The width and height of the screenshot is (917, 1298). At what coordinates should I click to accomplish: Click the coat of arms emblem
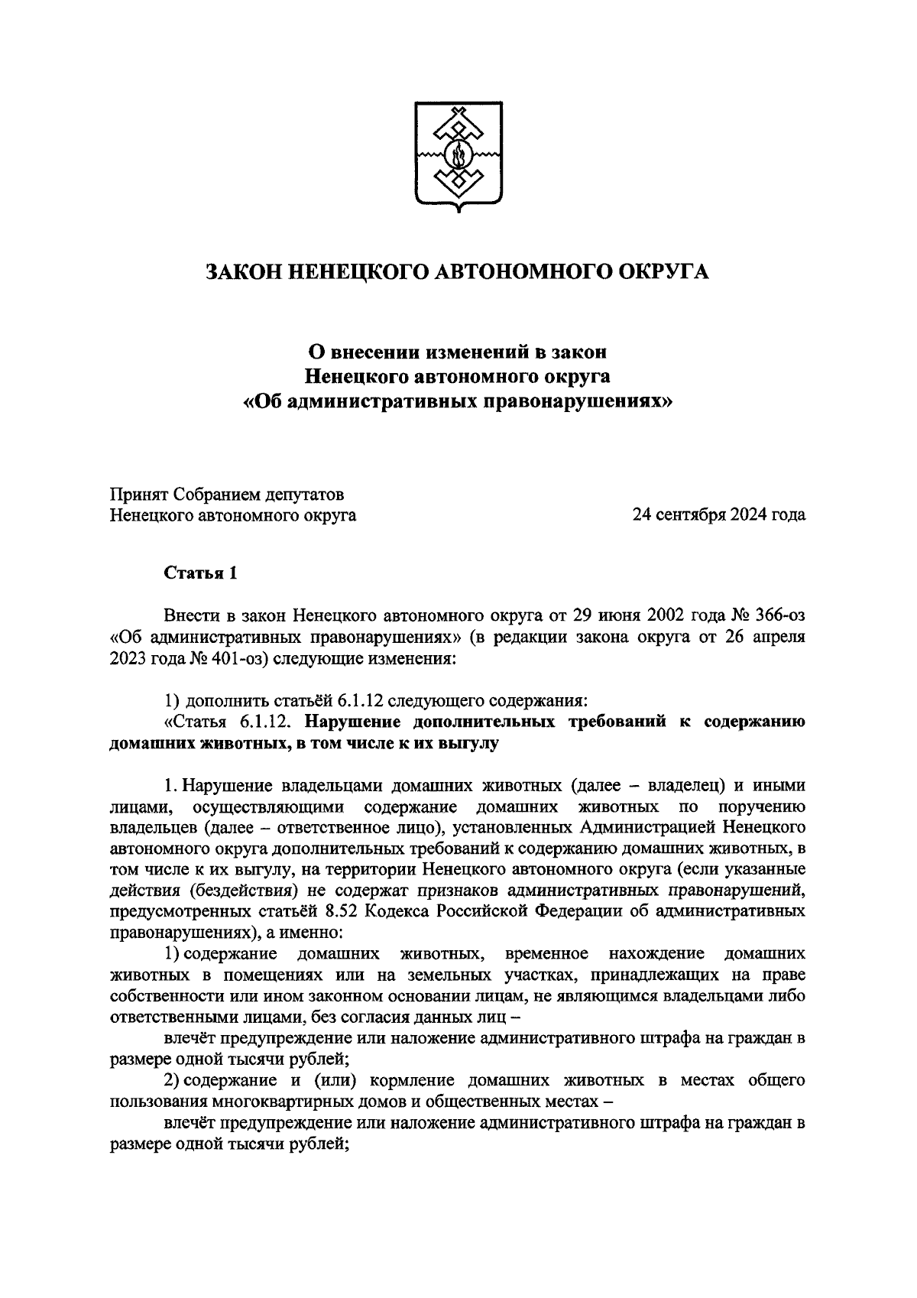[x=458, y=157]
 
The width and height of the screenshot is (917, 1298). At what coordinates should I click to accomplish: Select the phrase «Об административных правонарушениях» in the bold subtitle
[x=458, y=401]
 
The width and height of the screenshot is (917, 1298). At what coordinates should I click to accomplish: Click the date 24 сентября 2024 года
[x=718, y=515]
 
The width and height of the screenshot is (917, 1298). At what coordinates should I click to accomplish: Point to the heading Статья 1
[x=201, y=574]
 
